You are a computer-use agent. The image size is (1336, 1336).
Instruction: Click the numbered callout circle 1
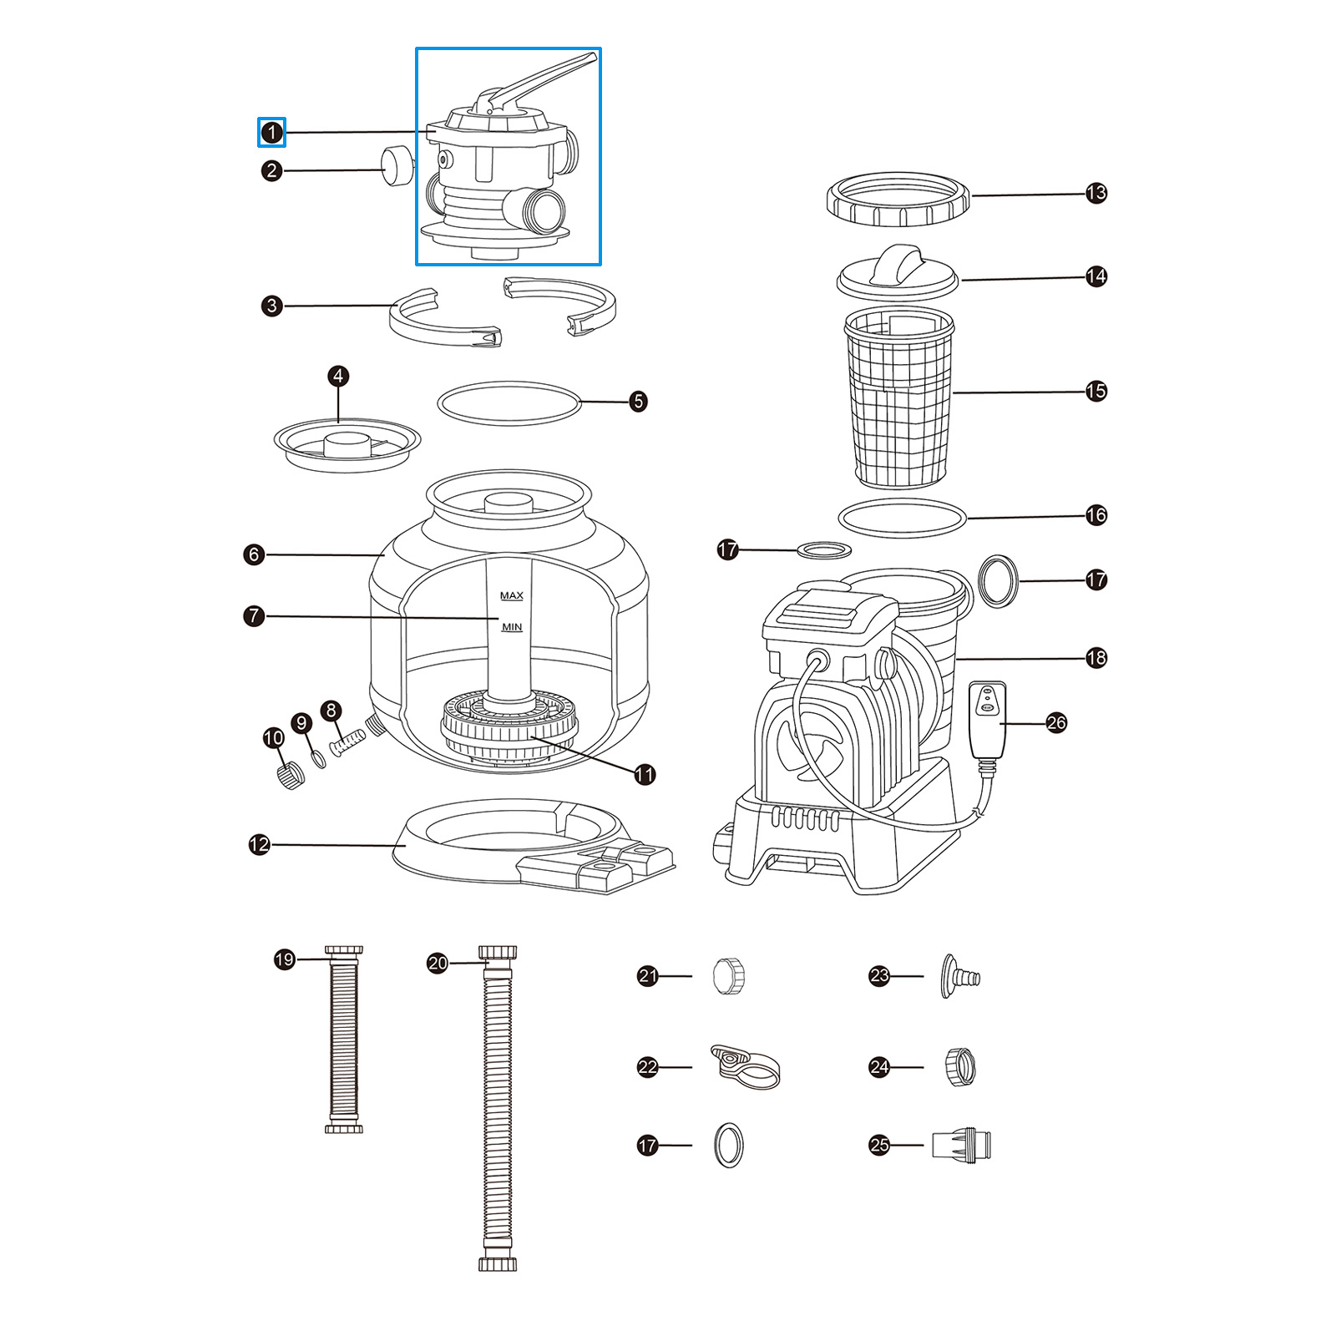(x=271, y=132)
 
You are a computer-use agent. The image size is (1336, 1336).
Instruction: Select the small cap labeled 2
(x=397, y=166)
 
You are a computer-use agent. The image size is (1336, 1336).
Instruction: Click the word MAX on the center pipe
(x=511, y=595)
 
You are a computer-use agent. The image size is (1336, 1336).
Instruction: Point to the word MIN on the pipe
(x=511, y=627)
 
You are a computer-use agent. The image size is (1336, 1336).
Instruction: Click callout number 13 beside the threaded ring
(x=1096, y=193)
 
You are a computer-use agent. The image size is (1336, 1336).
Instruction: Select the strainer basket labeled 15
(x=898, y=399)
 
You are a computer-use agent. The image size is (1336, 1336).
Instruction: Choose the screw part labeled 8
(x=348, y=741)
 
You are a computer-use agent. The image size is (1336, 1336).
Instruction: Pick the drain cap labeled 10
(x=291, y=775)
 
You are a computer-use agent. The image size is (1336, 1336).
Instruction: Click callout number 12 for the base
(x=260, y=844)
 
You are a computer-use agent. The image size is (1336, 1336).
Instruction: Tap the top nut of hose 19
(x=343, y=952)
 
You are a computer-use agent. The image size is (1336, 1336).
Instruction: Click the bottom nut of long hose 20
(x=498, y=1264)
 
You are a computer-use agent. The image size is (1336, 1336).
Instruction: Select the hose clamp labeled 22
(x=746, y=1066)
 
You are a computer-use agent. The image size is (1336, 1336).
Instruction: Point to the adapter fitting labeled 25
(x=962, y=1145)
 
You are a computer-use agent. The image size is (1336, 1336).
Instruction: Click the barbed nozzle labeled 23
(x=959, y=976)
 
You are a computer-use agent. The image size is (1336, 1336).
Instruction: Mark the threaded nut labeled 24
(x=960, y=1066)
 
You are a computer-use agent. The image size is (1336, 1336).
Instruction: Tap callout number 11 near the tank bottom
(x=645, y=775)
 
